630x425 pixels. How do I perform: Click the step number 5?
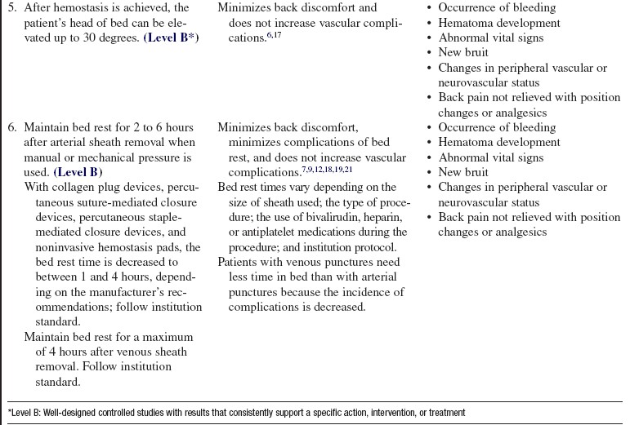click(x=11, y=8)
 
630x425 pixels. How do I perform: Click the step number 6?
click(x=11, y=128)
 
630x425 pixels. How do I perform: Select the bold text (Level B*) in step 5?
click(x=172, y=38)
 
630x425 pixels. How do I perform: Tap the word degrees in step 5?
click(x=119, y=38)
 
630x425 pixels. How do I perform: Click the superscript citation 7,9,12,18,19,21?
click(x=324, y=170)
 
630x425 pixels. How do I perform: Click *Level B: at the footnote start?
click(x=25, y=413)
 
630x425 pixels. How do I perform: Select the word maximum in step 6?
click(x=170, y=338)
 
